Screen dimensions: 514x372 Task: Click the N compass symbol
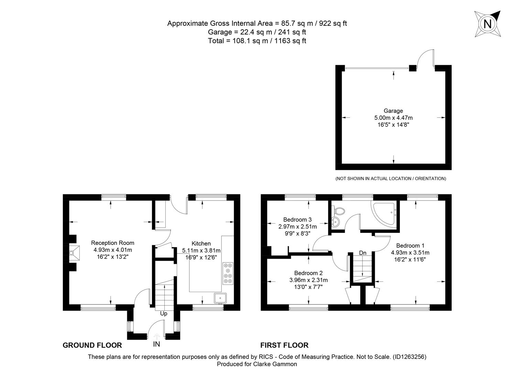[x=488, y=24]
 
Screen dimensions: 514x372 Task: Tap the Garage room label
[x=393, y=111]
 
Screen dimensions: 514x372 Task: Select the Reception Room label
[x=112, y=243]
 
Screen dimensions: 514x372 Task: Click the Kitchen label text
[x=201, y=244]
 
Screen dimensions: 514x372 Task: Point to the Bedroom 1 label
[x=410, y=246]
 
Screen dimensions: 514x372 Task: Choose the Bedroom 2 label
[x=308, y=273]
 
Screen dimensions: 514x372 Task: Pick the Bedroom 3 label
[x=297, y=219]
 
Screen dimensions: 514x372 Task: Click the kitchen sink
[x=220, y=298]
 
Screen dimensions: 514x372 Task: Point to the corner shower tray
[x=384, y=214]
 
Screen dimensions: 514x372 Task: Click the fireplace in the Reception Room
[x=74, y=253]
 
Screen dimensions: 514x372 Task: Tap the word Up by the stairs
[x=164, y=313]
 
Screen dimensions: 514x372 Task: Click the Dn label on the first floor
[x=363, y=253]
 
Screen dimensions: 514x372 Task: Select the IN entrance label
[x=156, y=344]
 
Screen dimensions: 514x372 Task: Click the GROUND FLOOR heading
[x=92, y=345]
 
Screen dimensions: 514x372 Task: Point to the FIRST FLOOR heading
[x=284, y=345]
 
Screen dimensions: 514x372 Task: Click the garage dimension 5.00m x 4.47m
[x=393, y=118]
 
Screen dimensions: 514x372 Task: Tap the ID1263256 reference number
[x=409, y=357]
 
